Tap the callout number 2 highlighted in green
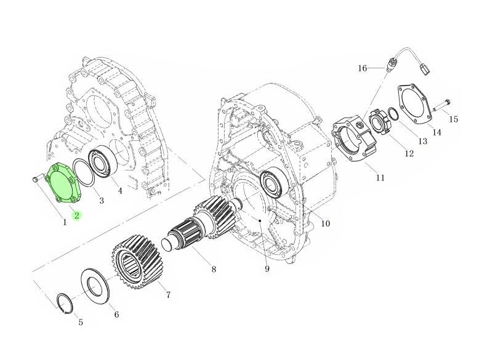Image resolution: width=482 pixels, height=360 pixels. (x=77, y=215)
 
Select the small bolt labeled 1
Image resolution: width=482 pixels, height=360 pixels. (x=36, y=178)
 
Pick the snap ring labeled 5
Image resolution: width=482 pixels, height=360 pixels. (x=63, y=303)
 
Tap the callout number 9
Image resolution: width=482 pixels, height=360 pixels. (x=267, y=269)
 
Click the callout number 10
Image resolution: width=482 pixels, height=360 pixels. (x=325, y=223)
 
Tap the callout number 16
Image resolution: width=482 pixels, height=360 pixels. (x=363, y=68)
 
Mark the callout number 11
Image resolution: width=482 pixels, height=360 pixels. (x=380, y=178)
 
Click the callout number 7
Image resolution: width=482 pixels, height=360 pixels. (x=167, y=295)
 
